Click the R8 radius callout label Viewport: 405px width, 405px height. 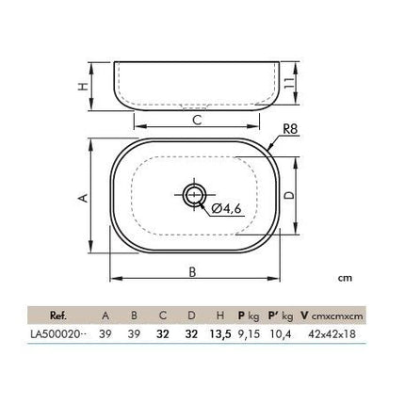point(290,129)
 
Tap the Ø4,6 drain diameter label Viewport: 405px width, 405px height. point(226,208)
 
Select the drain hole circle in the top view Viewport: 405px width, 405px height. point(195,195)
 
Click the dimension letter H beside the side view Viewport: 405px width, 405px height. point(83,87)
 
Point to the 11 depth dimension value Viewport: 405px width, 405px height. point(290,83)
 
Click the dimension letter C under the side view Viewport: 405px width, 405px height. point(197,121)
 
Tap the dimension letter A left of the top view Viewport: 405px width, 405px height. point(83,198)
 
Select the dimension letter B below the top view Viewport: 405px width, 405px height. point(192,272)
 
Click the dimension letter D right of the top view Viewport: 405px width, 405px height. point(289,195)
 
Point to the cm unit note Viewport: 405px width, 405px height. point(345,278)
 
